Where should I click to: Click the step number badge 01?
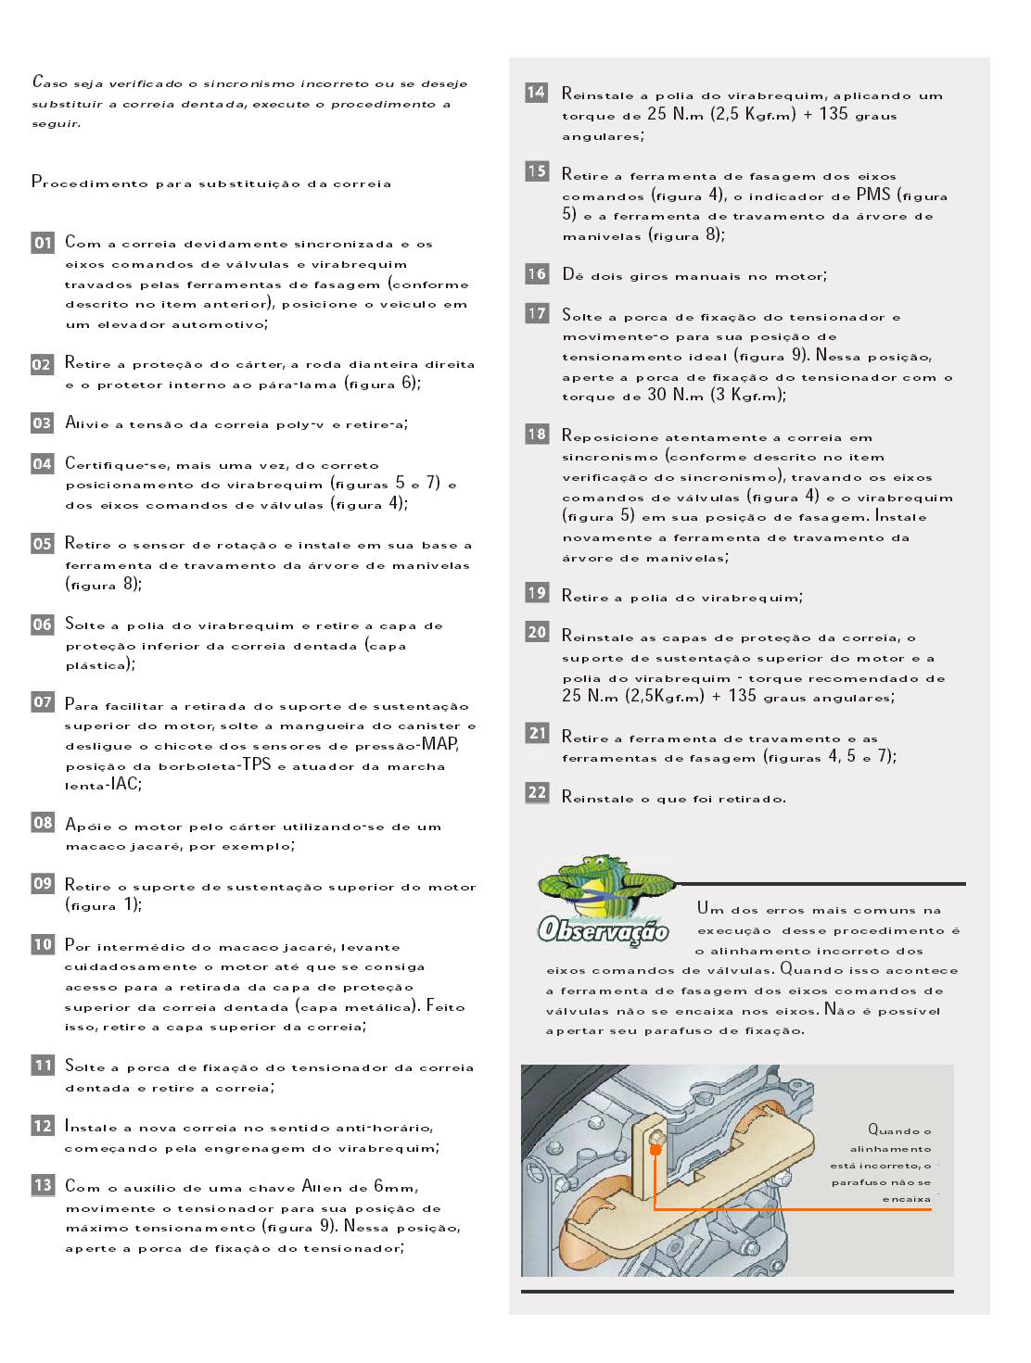tap(43, 243)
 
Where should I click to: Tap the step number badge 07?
tap(43, 702)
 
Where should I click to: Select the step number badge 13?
tap(43, 1185)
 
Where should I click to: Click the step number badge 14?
tap(536, 93)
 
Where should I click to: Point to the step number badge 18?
tap(537, 434)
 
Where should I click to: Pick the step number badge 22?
tap(537, 793)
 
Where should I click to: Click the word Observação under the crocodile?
tap(604, 929)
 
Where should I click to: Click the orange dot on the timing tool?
tap(656, 1149)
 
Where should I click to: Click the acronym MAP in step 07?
tap(439, 743)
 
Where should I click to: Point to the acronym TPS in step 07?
tap(257, 764)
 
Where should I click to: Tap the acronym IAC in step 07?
tap(124, 784)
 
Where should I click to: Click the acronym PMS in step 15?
tap(872, 195)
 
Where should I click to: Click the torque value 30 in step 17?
tap(656, 395)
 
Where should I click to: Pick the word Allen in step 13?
tap(322, 1187)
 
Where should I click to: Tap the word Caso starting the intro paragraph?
tap(50, 82)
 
